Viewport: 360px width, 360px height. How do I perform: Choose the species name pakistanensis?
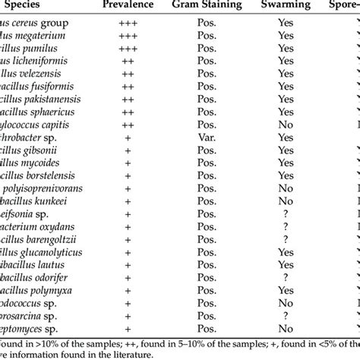pyautogui.click(x=58, y=99)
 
